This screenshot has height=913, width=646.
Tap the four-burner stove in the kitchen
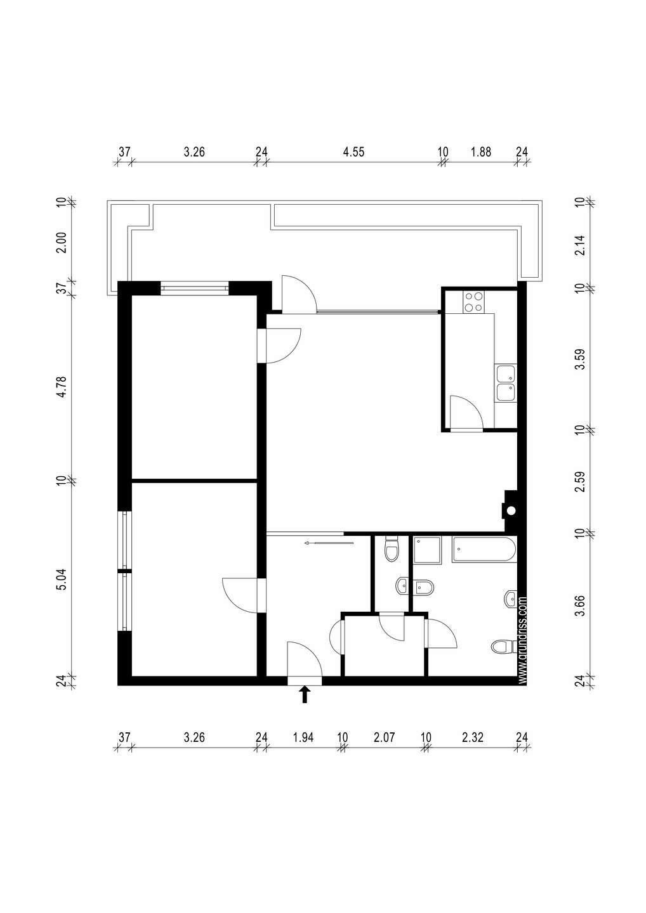tap(473, 302)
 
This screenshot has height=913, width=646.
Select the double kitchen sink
tap(506, 383)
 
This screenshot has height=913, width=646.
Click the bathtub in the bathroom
tap(484, 550)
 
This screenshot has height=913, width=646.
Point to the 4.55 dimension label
tap(353, 152)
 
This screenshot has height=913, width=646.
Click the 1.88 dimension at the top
tap(481, 152)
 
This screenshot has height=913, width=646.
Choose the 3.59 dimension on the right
tap(579, 359)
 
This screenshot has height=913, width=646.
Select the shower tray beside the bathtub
tap(428, 550)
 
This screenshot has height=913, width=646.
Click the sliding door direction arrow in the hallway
tap(329, 543)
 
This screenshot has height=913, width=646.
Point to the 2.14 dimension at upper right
tap(579, 245)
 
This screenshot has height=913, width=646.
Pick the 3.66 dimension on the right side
tap(579, 606)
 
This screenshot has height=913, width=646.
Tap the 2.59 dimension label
tap(579, 481)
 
